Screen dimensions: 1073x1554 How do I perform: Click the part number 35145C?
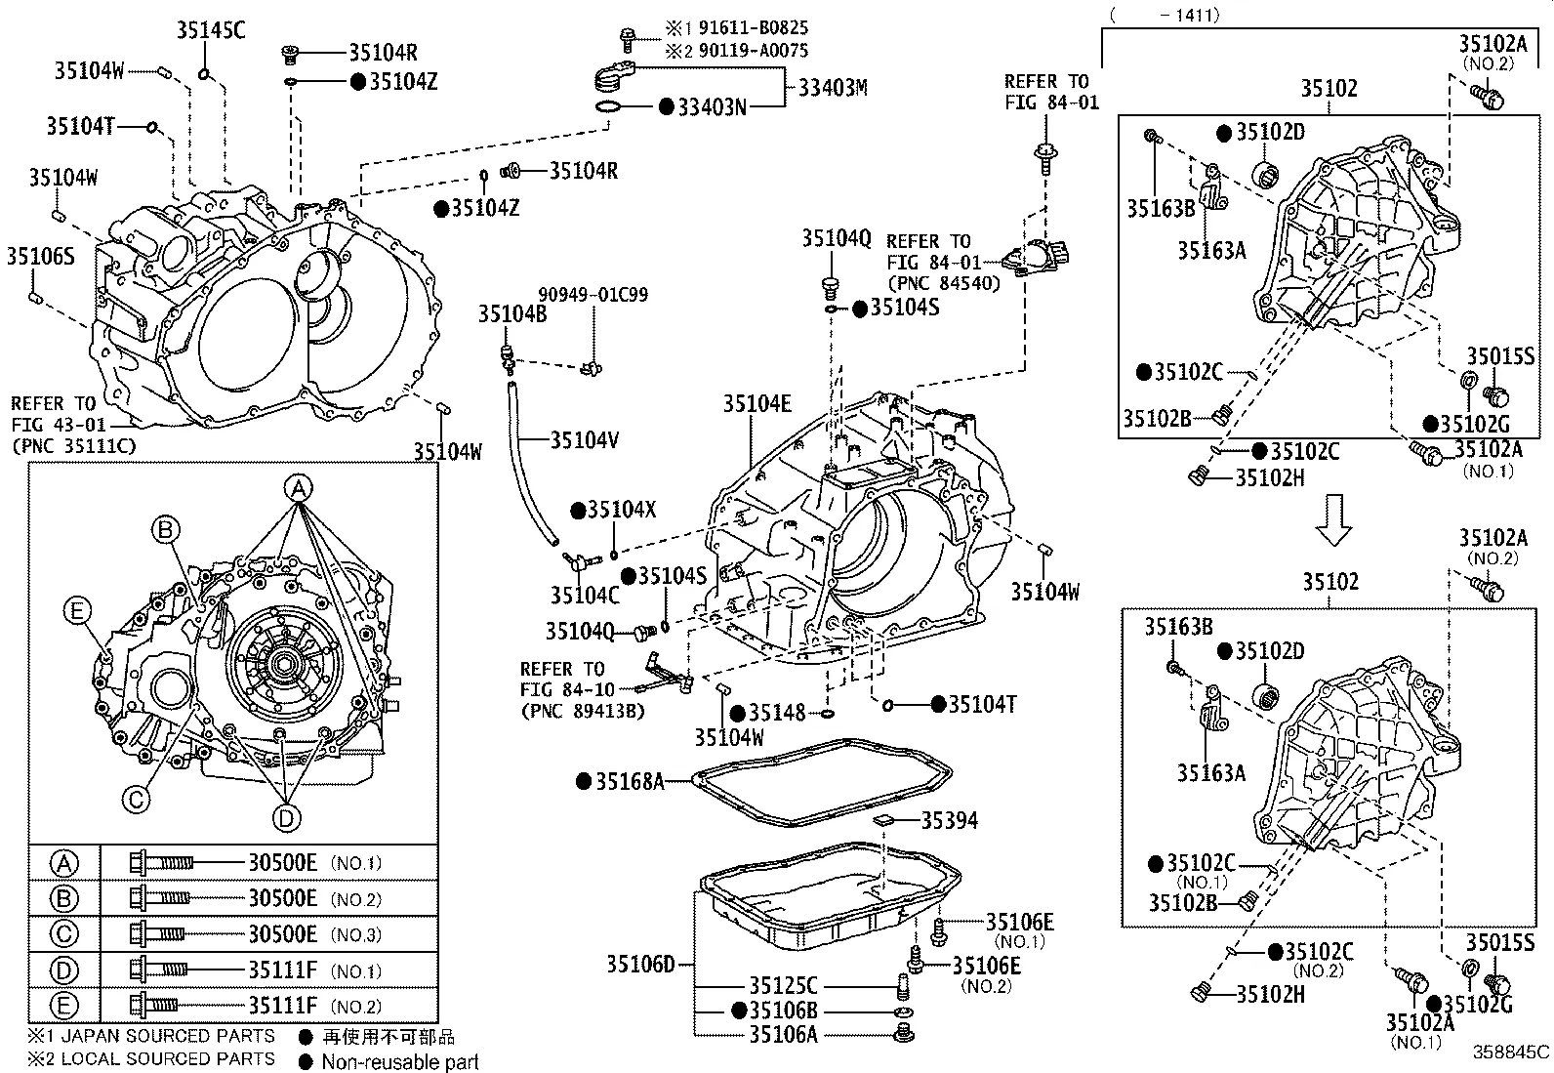pos(211,30)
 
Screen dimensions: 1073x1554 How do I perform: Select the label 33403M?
pos(832,88)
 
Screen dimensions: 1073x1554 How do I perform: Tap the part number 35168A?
pos(630,780)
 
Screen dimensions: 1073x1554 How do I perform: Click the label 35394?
pos(949,820)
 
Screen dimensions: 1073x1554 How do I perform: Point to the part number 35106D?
pos(640,965)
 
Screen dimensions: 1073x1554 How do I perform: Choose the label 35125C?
pos(783,986)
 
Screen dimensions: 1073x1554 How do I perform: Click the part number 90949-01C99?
pos(593,294)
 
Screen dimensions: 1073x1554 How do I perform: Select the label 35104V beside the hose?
pos(584,440)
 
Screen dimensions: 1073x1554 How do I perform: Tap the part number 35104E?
pos(757,403)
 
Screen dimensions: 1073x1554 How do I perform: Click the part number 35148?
pos(776,713)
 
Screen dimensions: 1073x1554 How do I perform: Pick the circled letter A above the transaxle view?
pos(299,487)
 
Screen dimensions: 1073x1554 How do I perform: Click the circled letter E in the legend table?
pos(63,1006)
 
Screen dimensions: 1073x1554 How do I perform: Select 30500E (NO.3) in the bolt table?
pos(282,934)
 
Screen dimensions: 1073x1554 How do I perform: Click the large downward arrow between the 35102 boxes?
pos(1332,519)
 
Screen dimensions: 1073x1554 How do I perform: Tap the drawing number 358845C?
pos(1510,1052)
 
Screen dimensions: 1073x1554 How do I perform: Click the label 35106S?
pos(40,256)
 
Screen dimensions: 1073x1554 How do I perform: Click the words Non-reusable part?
pos(400,1061)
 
